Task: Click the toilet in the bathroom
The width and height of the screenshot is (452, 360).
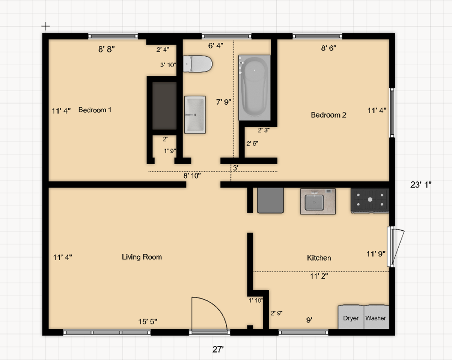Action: pyautogui.click(x=197, y=64)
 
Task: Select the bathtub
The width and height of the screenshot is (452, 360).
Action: pyautogui.click(x=255, y=88)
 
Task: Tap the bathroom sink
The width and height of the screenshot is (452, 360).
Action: pyautogui.click(x=195, y=115)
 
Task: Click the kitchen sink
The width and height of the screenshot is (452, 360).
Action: pyautogui.click(x=318, y=201)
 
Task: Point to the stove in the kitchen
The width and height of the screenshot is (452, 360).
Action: pyautogui.click(x=370, y=201)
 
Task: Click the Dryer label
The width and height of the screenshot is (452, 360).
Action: pyautogui.click(x=351, y=318)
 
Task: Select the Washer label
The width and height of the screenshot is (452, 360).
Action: pyautogui.click(x=375, y=318)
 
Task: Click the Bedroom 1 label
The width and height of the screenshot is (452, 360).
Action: pyautogui.click(x=95, y=110)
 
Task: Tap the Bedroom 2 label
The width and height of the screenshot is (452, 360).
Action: pyautogui.click(x=328, y=115)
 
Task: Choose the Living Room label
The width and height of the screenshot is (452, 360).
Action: pyautogui.click(x=142, y=257)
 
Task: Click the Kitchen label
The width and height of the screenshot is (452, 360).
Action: pyautogui.click(x=319, y=258)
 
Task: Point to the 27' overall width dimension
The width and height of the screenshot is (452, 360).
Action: pyautogui.click(x=218, y=349)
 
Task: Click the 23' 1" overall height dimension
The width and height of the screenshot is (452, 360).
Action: pyautogui.click(x=421, y=184)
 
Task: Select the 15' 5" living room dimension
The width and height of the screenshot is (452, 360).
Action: pyautogui.click(x=148, y=321)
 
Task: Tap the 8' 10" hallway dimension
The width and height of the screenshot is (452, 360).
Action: pyautogui.click(x=192, y=175)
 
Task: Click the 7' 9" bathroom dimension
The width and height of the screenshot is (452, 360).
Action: pyautogui.click(x=223, y=102)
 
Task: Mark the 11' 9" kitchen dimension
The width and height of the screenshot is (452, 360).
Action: pyautogui.click(x=376, y=254)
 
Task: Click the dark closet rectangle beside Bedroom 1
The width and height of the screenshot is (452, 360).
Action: pyautogui.click(x=164, y=106)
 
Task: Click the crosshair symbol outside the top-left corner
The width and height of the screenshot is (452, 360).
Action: pyautogui.click(x=45, y=26)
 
